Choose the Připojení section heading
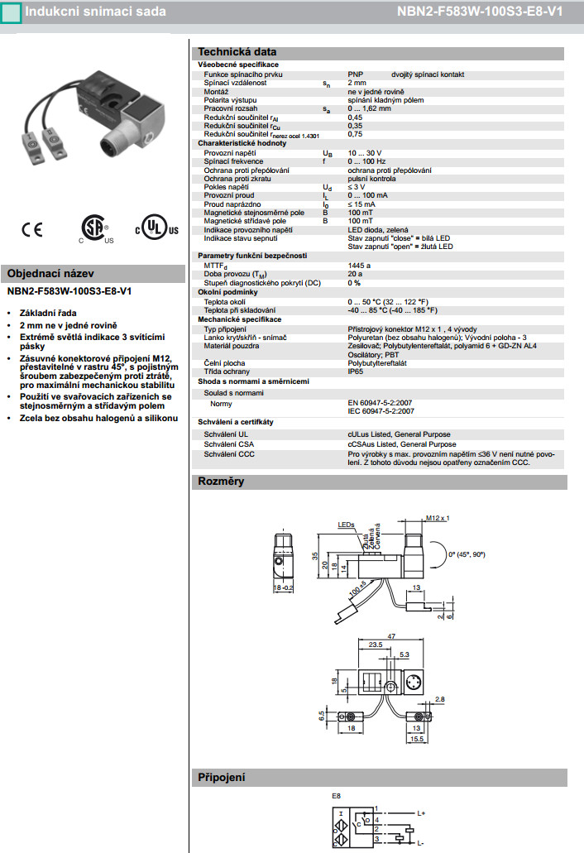(x=221, y=777)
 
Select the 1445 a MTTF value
(x=359, y=265)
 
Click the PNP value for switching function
(x=356, y=74)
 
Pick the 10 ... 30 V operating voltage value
(x=365, y=153)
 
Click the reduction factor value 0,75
(x=355, y=134)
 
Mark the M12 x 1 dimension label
(x=438, y=518)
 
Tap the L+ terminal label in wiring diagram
(x=421, y=813)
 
